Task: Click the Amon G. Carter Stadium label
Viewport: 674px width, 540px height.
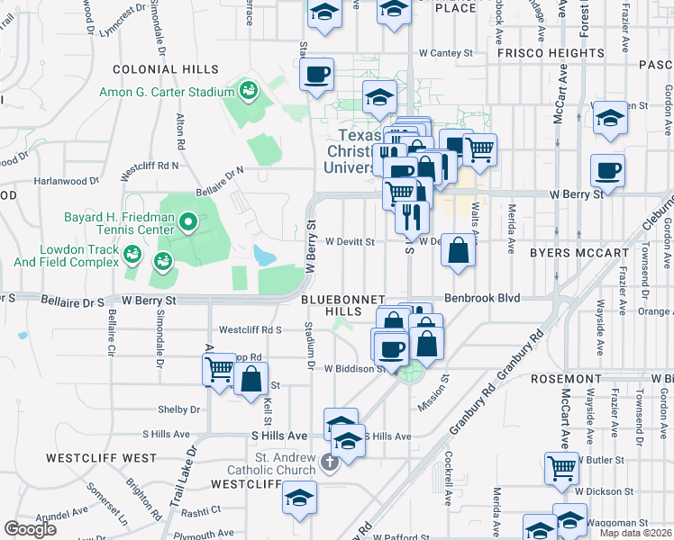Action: [168, 92]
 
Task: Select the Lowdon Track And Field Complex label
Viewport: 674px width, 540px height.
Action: [66, 256]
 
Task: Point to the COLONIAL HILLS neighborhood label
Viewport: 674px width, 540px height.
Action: [165, 69]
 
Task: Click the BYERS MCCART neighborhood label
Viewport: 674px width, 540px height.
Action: [578, 253]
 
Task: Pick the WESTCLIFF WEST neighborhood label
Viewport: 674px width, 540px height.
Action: [101, 458]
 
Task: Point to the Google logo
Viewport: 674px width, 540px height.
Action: [30, 528]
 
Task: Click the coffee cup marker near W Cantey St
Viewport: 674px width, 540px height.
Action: [317, 74]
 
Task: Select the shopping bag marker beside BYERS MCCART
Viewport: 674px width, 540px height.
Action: [459, 251]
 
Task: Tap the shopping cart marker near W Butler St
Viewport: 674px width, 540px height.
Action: [562, 468]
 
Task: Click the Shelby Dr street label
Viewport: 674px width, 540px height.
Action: [178, 409]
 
